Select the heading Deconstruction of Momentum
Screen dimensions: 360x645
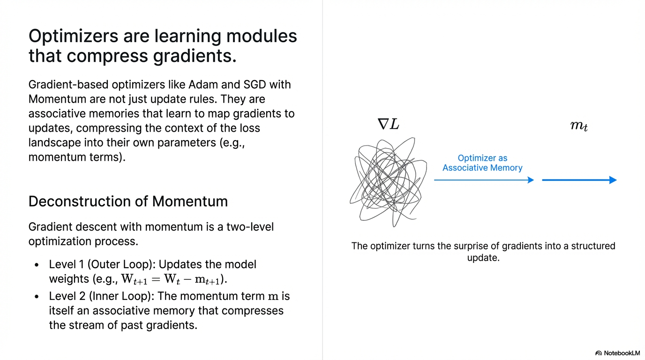pyautogui.click(x=128, y=201)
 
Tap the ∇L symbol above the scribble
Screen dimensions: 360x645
pyautogui.click(x=388, y=124)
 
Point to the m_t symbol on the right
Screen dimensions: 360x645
pyautogui.click(x=579, y=126)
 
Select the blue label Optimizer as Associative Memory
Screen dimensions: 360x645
pyautogui.click(x=482, y=163)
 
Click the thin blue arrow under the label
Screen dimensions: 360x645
pyautogui.click(x=483, y=180)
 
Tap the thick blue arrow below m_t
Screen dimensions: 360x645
pyautogui.click(x=579, y=180)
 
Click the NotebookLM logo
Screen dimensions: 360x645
pyautogui.click(x=617, y=352)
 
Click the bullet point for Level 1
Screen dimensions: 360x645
pyautogui.click(x=37, y=265)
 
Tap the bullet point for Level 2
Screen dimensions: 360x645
pyautogui.click(x=37, y=297)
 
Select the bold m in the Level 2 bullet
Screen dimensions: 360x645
pyautogui.click(x=272, y=297)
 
